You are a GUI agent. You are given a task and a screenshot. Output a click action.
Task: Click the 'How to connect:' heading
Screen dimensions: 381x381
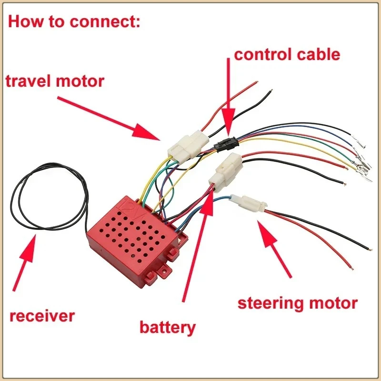click(x=74, y=21)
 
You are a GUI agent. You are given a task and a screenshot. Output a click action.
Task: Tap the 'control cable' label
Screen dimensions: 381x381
click(x=287, y=54)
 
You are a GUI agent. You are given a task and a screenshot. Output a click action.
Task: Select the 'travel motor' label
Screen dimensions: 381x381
click(x=55, y=81)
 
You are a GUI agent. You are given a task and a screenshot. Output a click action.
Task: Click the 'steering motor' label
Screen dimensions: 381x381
click(x=297, y=304)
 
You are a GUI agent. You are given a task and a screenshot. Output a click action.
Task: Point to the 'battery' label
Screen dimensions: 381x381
click(x=168, y=328)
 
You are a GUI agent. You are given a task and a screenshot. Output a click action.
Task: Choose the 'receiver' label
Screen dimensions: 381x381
click(x=42, y=316)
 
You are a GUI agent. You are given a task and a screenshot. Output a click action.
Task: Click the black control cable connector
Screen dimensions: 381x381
click(x=226, y=144)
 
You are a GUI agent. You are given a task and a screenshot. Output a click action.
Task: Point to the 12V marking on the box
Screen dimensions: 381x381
click(x=133, y=210)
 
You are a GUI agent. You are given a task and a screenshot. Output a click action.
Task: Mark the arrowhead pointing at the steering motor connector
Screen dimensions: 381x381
click(x=267, y=233)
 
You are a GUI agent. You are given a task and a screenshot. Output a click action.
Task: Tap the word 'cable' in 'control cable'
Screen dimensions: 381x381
click(x=319, y=54)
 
